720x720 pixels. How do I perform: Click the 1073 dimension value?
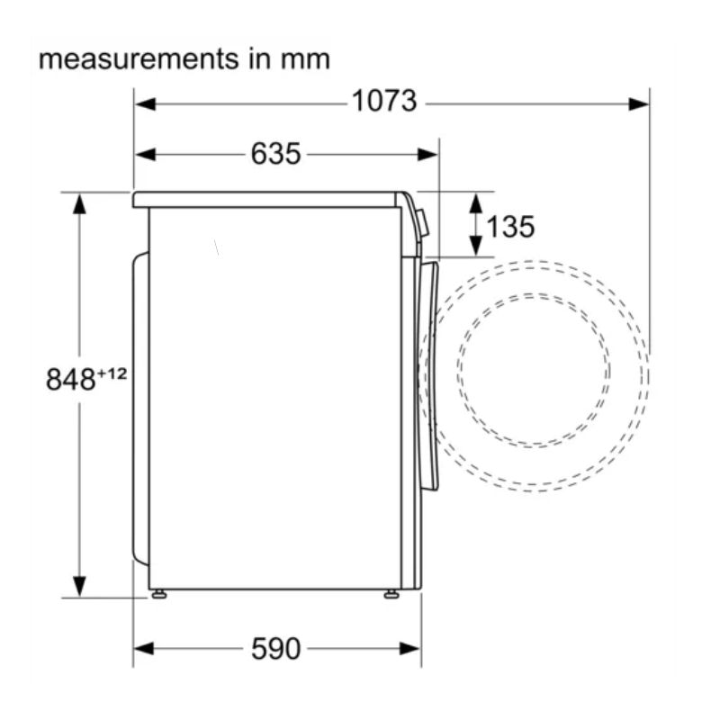tap(384, 101)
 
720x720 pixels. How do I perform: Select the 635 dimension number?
tap(275, 153)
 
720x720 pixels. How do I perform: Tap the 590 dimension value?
tap(275, 649)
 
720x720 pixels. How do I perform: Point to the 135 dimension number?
tap(510, 227)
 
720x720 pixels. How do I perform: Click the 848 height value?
tap(70, 380)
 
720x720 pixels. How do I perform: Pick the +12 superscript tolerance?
tap(112, 373)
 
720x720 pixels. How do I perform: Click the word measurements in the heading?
tap(139, 59)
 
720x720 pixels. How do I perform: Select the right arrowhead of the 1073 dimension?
tap(639, 104)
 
